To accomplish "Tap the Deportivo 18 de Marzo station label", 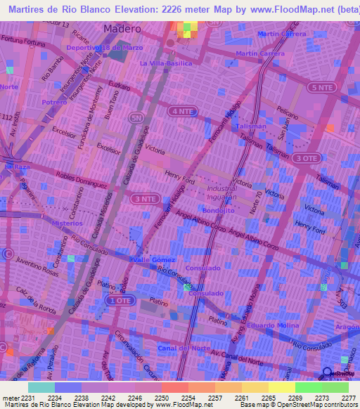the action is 105,47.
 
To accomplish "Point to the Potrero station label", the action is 53,102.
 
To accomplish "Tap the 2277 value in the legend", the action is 349,397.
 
